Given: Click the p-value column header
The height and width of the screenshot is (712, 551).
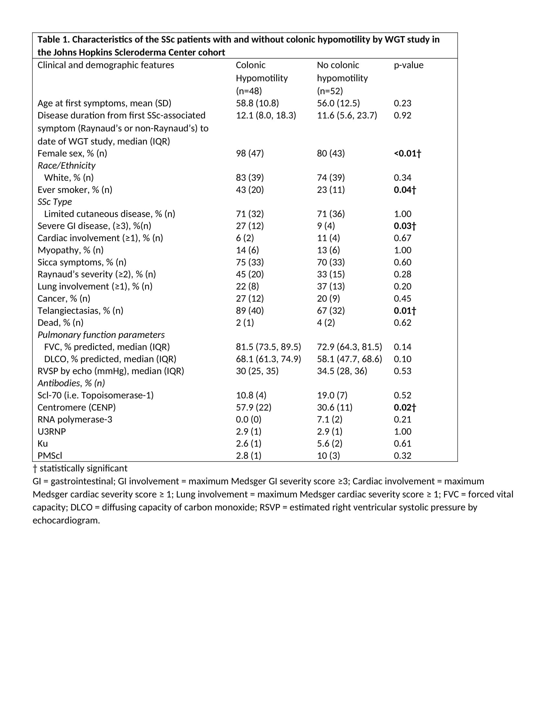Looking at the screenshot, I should pyautogui.click(x=408, y=65).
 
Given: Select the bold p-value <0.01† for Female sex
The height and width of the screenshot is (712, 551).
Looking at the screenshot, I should pyautogui.click(x=407, y=153).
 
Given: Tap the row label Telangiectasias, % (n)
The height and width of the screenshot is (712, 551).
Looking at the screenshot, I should pyautogui.click(x=80, y=311).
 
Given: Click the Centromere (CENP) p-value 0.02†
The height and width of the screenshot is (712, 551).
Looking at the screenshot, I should pyautogui.click(x=405, y=407).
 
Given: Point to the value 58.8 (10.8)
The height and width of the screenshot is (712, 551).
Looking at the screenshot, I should pyautogui.click(x=257, y=103).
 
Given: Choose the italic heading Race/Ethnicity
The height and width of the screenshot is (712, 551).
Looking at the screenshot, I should pyautogui.click(x=66, y=166).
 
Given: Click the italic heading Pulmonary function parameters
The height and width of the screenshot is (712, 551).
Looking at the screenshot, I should pyautogui.click(x=101, y=335).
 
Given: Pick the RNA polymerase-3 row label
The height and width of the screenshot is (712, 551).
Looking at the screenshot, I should pyautogui.click(x=75, y=419).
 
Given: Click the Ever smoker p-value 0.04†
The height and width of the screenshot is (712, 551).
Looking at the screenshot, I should pyautogui.click(x=405, y=190).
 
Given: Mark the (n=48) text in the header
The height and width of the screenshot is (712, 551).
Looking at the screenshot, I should pyautogui.click(x=249, y=91).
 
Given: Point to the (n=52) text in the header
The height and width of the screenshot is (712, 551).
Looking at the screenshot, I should pyautogui.click(x=330, y=91).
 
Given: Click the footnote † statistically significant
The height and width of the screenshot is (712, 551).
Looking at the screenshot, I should pyautogui.click(x=80, y=469).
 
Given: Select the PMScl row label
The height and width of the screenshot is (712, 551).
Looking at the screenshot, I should pyautogui.click(x=50, y=456).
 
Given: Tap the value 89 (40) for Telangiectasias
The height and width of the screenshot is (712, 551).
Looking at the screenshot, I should pyautogui.click(x=250, y=311).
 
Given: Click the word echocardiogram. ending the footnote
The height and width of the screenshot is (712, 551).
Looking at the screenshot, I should pyautogui.click(x=66, y=520).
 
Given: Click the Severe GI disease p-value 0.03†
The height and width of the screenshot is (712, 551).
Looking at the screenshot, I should pyautogui.click(x=405, y=226).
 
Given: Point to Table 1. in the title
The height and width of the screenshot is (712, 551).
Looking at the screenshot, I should pyautogui.click(x=53, y=40).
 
